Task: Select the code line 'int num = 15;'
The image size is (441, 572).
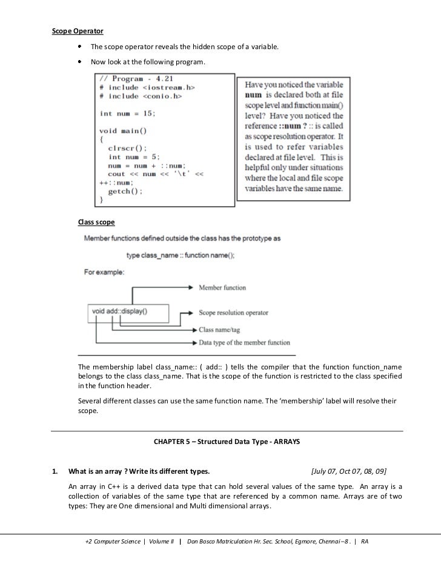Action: (x=128, y=113)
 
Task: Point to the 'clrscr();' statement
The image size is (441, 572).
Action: (x=127, y=147)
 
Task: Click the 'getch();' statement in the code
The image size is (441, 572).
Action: (x=125, y=190)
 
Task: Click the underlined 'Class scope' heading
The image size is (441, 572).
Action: (x=96, y=223)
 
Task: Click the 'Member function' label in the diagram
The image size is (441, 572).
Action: (x=222, y=288)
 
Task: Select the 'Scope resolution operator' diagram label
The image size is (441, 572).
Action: (x=233, y=313)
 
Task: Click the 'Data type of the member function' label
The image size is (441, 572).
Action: (x=244, y=343)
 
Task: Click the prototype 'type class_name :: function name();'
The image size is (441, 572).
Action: (x=180, y=255)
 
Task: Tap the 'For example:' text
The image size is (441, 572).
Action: (x=104, y=272)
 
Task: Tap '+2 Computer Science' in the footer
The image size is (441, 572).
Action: (x=113, y=541)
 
